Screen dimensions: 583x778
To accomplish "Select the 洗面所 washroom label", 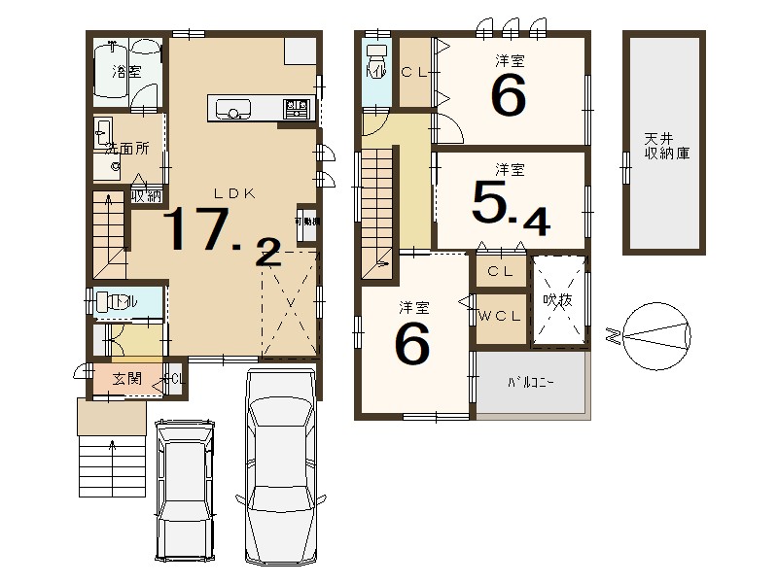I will (x=127, y=149).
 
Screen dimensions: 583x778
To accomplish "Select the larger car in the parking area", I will (x=282, y=466).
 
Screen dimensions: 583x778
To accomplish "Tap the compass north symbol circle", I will (x=656, y=335).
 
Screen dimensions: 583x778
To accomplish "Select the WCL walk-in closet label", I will (x=501, y=317).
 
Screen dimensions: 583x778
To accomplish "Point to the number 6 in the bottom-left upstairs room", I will (x=412, y=345).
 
